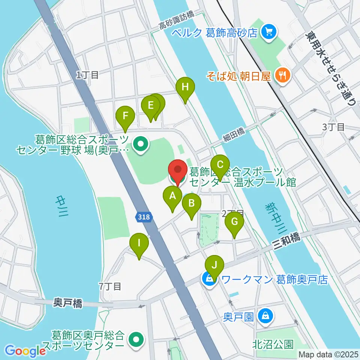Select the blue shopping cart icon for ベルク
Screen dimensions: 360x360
click(x=268, y=32)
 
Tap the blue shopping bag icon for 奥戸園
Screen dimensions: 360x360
click(x=265, y=316)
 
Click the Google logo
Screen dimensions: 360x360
click(x=25, y=351)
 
